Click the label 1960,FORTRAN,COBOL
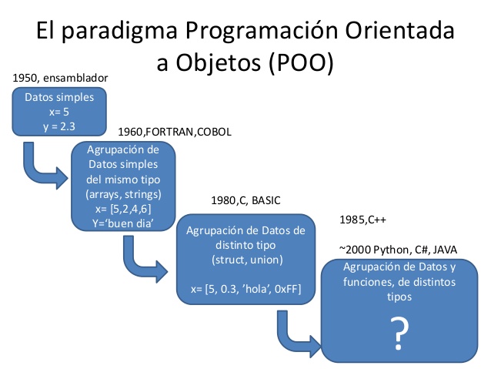point(175,132)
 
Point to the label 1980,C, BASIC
point(246,200)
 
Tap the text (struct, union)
point(247,259)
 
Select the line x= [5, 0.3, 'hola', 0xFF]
point(247,288)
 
